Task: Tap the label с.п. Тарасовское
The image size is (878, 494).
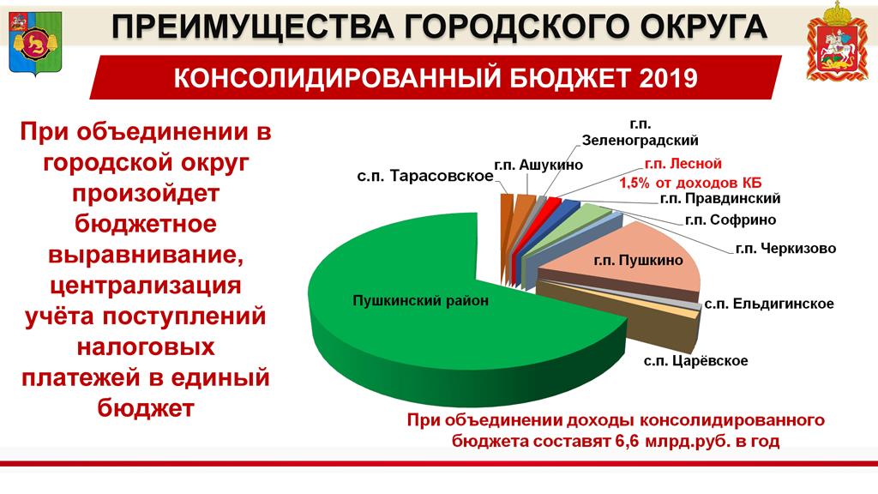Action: [x=425, y=176]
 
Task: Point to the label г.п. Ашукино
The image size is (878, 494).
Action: [x=538, y=165]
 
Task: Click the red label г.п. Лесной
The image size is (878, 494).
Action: [x=683, y=164]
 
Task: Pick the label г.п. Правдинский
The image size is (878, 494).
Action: [x=720, y=198]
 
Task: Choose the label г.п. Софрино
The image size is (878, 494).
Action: [x=731, y=220]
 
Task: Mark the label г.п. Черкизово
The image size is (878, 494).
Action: [x=785, y=248]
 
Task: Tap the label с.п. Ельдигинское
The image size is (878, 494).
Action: [x=769, y=304]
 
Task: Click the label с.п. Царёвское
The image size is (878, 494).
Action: [x=695, y=360]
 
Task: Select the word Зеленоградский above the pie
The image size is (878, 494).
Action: [x=640, y=140]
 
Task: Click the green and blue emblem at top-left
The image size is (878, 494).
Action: [x=34, y=43]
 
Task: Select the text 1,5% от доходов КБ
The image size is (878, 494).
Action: [x=690, y=183]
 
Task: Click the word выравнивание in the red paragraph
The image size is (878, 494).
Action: [x=146, y=255]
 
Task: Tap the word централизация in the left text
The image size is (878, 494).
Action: [x=146, y=286]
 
